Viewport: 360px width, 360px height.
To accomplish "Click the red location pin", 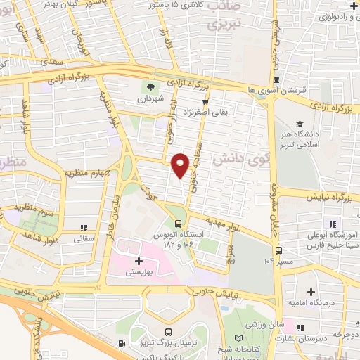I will click(x=181, y=164).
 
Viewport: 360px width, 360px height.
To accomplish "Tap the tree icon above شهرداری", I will click(x=149, y=88).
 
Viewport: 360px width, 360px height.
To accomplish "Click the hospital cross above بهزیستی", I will click(x=139, y=260).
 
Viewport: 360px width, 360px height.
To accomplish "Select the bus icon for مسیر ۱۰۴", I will click(x=279, y=250).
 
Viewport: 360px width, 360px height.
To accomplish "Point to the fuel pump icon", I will click(x=122, y=344).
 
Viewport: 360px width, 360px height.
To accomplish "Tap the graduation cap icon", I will click(x=300, y=124).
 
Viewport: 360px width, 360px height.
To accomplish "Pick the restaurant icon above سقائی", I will click(x=84, y=228).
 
